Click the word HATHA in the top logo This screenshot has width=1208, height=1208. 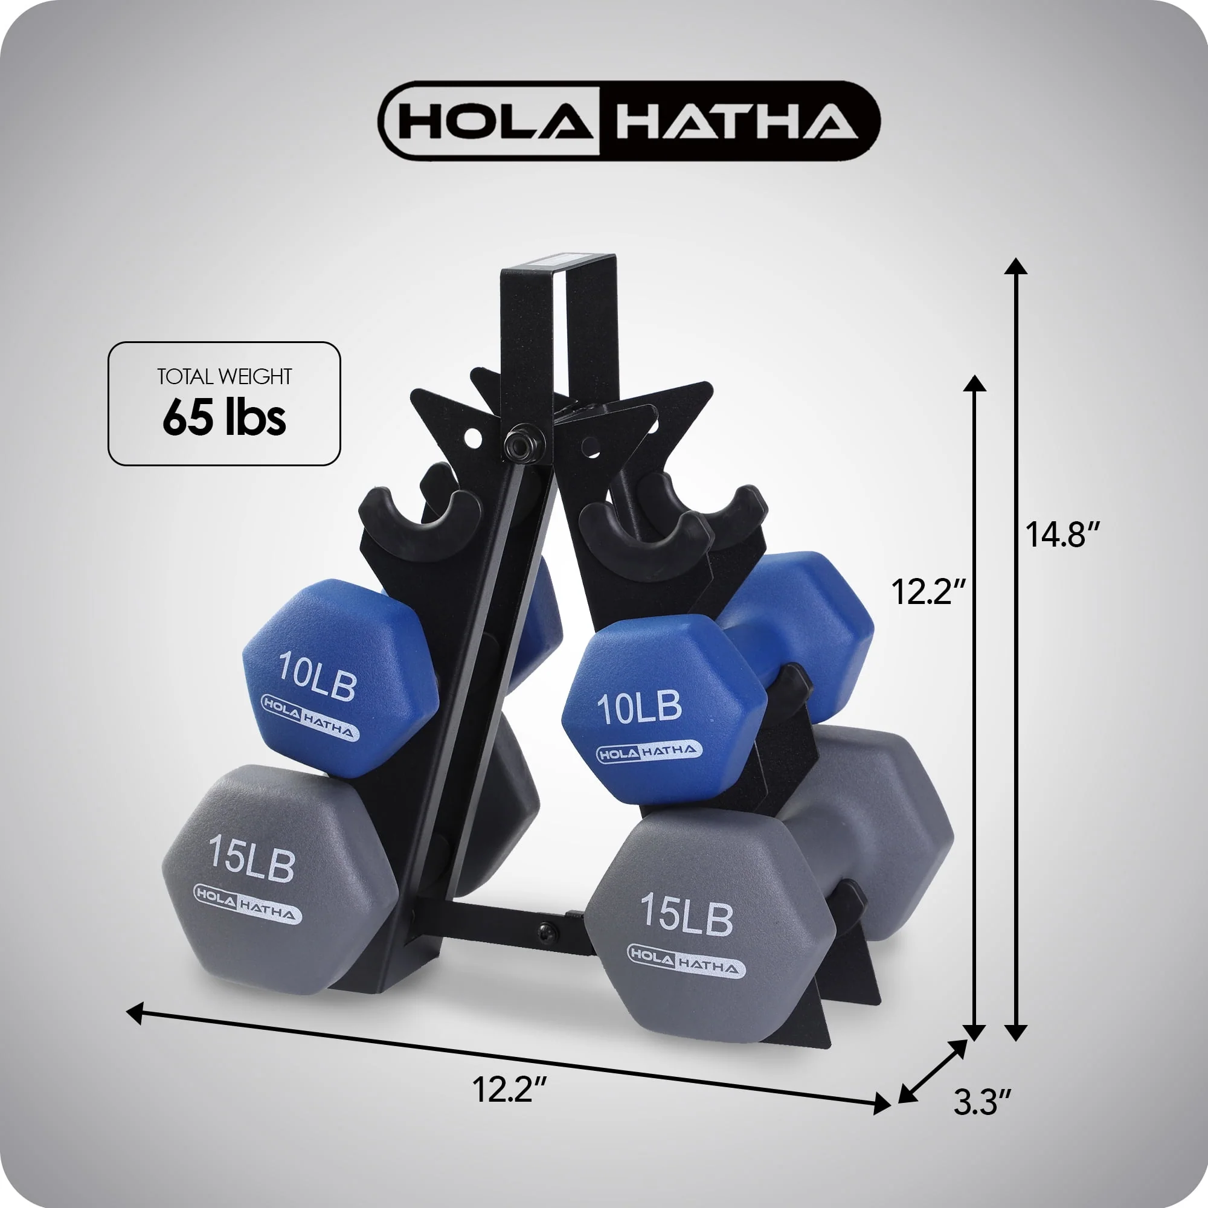point(736,120)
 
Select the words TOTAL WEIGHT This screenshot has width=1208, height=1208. point(225,376)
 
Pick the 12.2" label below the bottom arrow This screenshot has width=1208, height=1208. point(510,1088)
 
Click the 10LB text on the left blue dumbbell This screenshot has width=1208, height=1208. point(317,675)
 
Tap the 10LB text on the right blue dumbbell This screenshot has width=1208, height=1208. point(639,707)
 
